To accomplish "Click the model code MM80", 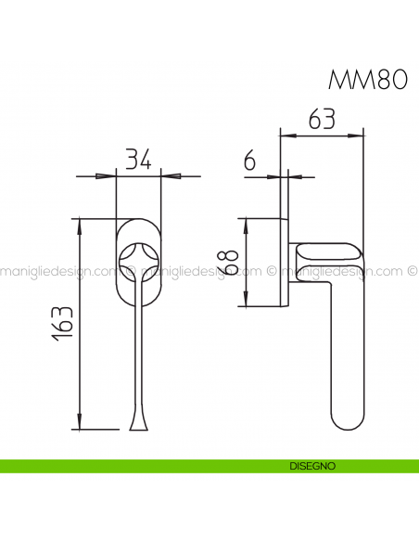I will pos(368,80).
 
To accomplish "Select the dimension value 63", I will pos(321,119).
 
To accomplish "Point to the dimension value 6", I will pos(249,161).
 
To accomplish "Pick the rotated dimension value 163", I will pos(63,324).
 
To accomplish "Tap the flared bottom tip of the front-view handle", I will pos(138,426).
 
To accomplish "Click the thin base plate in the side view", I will pos(285,263).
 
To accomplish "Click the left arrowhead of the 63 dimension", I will pos(288,135).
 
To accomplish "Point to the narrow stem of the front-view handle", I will pos(138,353).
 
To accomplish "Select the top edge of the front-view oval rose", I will pos(138,219).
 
